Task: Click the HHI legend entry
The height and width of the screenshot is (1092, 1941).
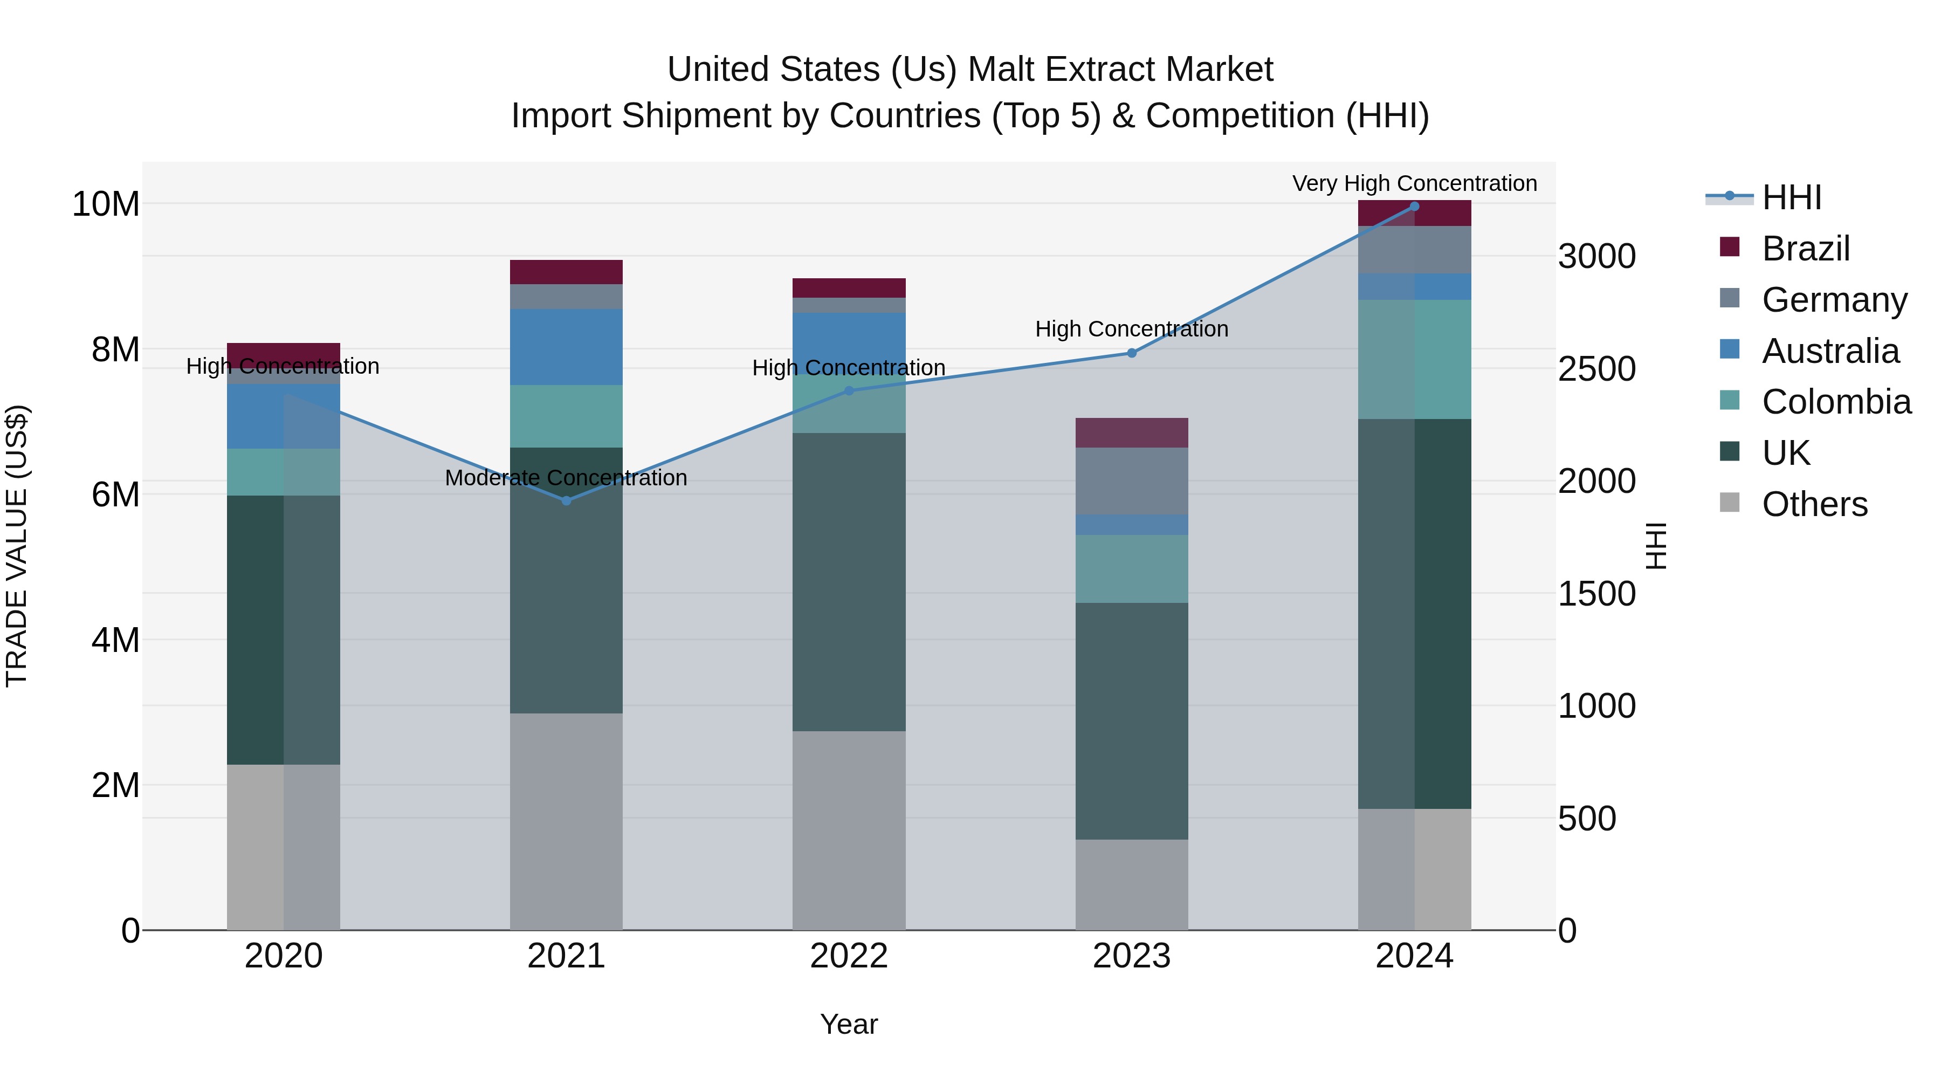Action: (x=1791, y=197)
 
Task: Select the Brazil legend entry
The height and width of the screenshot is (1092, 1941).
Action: (x=1805, y=249)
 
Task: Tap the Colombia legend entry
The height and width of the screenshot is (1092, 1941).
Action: (x=1835, y=402)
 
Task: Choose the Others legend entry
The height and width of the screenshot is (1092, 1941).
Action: (x=1814, y=504)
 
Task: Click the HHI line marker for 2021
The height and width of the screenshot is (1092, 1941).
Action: (x=567, y=500)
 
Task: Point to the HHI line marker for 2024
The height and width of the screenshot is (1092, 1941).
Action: (x=1414, y=207)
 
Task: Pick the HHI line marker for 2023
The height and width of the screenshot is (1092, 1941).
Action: (x=1132, y=353)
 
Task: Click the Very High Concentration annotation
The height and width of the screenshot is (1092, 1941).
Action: (x=1414, y=183)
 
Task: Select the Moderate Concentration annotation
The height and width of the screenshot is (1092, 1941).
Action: (x=566, y=478)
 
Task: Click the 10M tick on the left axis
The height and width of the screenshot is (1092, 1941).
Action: (x=106, y=204)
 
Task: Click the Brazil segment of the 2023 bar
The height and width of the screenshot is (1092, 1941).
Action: (x=1132, y=432)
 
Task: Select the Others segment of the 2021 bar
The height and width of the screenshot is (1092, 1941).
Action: (x=567, y=821)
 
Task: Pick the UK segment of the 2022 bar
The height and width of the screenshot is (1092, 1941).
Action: (x=849, y=582)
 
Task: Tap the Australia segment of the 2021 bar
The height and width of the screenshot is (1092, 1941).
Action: (x=567, y=347)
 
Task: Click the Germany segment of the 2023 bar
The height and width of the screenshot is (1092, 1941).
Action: (x=1132, y=481)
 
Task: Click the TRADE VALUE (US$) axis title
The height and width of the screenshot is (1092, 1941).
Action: (x=17, y=546)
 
